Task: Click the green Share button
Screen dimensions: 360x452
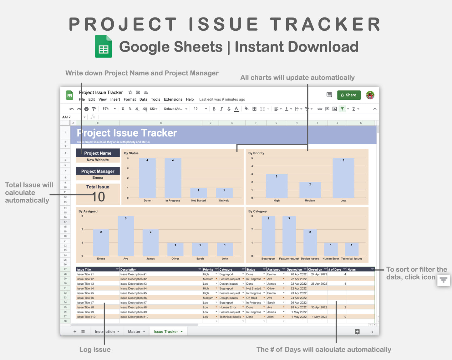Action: pyautogui.click(x=348, y=95)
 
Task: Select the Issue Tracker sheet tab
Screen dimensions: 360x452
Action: pyautogui.click(x=166, y=332)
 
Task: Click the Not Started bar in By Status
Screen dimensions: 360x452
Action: pyautogui.click(x=198, y=193)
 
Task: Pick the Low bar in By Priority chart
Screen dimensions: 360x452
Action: pyautogui.click(x=343, y=178)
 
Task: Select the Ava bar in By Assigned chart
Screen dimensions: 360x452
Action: pyautogui.click(x=126, y=236)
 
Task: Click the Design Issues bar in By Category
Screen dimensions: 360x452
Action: pyautogui.click(x=310, y=243)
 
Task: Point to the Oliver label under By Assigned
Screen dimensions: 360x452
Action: pyautogui.click(x=175, y=259)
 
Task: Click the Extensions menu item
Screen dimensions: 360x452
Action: pyautogui.click(x=173, y=99)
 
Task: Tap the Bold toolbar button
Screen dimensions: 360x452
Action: pyautogui.click(x=214, y=109)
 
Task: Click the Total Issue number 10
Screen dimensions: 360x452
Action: pyautogui.click(x=98, y=197)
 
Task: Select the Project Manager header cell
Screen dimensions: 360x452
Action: pyautogui.click(x=98, y=171)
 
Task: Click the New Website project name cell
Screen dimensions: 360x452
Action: pyautogui.click(x=98, y=160)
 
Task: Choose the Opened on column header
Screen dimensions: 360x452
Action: pyautogui.click(x=294, y=269)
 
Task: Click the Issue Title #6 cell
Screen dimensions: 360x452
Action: pyautogui.click(x=85, y=298)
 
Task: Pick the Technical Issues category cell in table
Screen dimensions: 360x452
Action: pyautogui.click(x=230, y=317)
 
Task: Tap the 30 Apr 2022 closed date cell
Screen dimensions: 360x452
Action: pyautogui.click(x=319, y=307)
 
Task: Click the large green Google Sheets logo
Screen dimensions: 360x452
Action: pyautogui.click(x=104, y=47)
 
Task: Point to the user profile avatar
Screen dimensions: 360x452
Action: pyautogui.click(x=370, y=95)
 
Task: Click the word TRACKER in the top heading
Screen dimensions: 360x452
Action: pyautogui.click(x=325, y=24)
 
